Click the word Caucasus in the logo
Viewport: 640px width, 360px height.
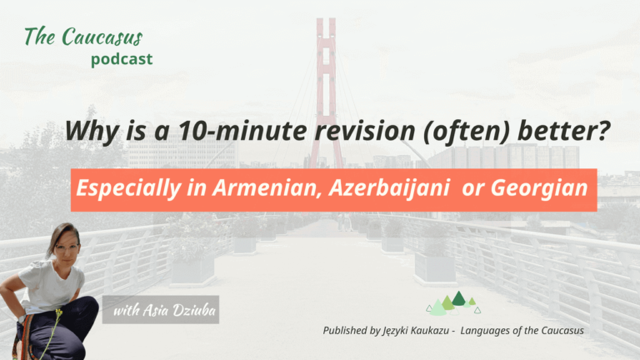click(107, 37)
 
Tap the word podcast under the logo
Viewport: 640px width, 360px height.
click(122, 59)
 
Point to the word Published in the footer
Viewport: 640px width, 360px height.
click(352, 331)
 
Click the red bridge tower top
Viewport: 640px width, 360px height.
click(326, 29)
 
